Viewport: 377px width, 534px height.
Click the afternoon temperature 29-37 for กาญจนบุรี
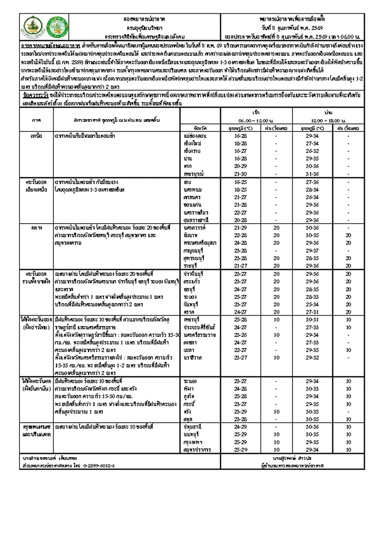(312, 251)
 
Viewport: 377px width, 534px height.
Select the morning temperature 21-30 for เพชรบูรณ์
(240, 174)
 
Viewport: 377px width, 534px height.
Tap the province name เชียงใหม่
(192, 143)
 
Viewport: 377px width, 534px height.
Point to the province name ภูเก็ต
(189, 396)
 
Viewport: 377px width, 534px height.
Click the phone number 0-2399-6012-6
(99, 465)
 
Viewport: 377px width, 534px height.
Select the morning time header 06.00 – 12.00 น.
(256, 120)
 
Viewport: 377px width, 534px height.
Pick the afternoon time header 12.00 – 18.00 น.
(328, 120)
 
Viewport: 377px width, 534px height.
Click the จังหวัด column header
(200, 128)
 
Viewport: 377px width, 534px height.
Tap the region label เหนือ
(36, 136)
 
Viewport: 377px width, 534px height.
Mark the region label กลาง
(36, 228)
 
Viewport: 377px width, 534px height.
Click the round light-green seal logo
(57, 27)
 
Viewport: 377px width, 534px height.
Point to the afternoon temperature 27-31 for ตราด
(312, 312)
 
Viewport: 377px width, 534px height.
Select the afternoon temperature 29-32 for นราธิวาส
(312, 358)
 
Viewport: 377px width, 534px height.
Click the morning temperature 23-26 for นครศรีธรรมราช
(240, 335)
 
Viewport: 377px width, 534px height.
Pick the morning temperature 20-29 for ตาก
(240, 166)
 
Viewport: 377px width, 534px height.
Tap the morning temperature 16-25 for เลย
(240, 182)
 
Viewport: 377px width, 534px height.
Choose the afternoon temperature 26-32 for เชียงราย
(312, 151)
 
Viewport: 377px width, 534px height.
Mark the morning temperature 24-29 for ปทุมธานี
(240, 427)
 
